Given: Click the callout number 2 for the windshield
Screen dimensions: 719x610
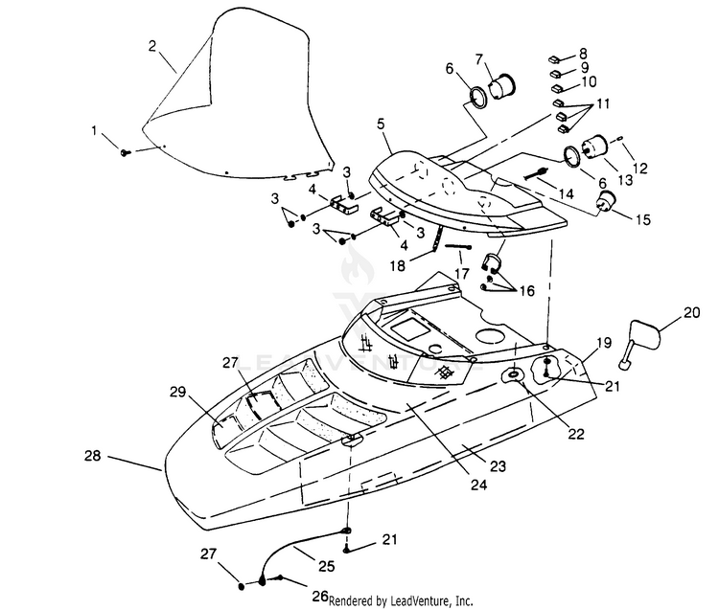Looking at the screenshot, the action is tap(152, 46).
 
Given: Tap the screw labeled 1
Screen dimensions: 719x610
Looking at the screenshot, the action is tap(125, 152).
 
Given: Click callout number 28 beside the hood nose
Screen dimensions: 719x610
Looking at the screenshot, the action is tap(93, 456).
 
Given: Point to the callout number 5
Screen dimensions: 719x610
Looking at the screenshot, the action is tap(381, 124).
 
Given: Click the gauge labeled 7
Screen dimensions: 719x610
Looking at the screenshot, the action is tap(503, 85).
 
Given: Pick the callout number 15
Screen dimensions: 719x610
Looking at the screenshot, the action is tap(643, 219).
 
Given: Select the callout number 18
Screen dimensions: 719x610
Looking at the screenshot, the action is tap(398, 265).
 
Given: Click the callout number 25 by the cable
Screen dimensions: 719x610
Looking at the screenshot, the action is tap(327, 566).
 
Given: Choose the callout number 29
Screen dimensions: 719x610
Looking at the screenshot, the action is tap(177, 392).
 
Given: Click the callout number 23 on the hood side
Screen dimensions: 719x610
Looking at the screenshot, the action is tap(498, 465).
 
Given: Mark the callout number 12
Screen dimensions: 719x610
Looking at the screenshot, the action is tap(639, 169).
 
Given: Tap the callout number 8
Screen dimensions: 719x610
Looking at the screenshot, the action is tap(583, 54).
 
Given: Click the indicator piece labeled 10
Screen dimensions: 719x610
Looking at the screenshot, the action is tap(557, 87).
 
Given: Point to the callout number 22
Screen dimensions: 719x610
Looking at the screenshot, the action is tap(576, 433).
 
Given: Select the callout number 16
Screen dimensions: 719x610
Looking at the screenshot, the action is tap(527, 290).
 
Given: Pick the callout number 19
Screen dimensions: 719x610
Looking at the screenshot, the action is tap(604, 343).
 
